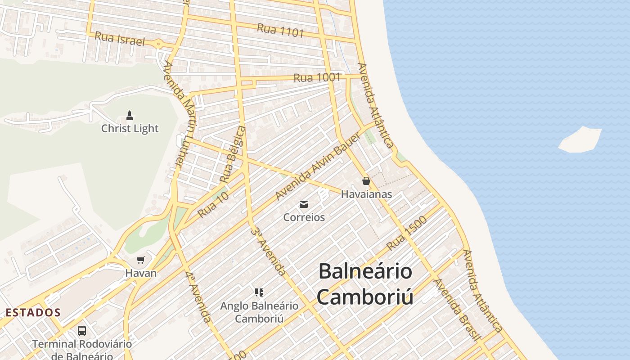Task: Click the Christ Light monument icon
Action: pyautogui.click(x=130, y=116)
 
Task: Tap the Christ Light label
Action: pyautogui.click(x=130, y=129)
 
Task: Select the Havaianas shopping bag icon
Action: pyautogui.click(x=366, y=181)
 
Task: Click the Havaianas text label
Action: pyautogui.click(x=366, y=194)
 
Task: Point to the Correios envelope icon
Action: pyautogui.click(x=304, y=205)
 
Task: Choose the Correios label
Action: pyautogui.click(x=304, y=217)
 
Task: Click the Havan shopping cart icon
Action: pyautogui.click(x=141, y=260)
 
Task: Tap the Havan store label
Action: pyautogui.click(x=141, y=273)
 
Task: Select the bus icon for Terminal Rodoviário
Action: pyautogui.click(x=82, y=331)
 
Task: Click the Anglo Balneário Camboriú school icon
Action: pyautogui.click(x=259, y=293)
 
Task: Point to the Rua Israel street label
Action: pyautogui.click(x=120, y=39)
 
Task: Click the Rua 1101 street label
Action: pyautogui.click(x=280, y=31)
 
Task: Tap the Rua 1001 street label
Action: pyautogui.click(x=317, y=77)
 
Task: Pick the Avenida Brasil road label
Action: pyautogui.click(x=457, y=310)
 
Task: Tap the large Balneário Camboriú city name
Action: pyautogui.click(x=365, y=283)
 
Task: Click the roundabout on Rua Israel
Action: pyautogui.click(x=158, y=44)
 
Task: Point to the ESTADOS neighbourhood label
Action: pyautogui.click(x=33, y=312)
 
